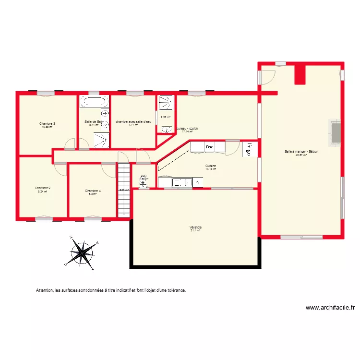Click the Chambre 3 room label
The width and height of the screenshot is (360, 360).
click(47, 124)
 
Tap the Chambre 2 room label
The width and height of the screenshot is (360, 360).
click(43, 188)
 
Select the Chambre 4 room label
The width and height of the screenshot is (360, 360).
click(93, 191)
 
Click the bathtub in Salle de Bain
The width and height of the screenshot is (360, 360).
click(94, 101)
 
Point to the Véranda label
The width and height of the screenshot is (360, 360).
click(195, 227)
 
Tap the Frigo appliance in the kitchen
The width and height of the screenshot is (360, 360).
click(249, 149)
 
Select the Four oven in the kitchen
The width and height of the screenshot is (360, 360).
click(209, 147)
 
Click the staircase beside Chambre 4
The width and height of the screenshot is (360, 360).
click(124, 190)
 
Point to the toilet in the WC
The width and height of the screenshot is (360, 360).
click(143, 183)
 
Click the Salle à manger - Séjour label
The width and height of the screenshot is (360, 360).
click(301, 151)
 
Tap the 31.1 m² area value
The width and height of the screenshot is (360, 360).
click(195, 230)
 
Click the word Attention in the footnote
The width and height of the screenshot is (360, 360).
click(45, 290)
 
